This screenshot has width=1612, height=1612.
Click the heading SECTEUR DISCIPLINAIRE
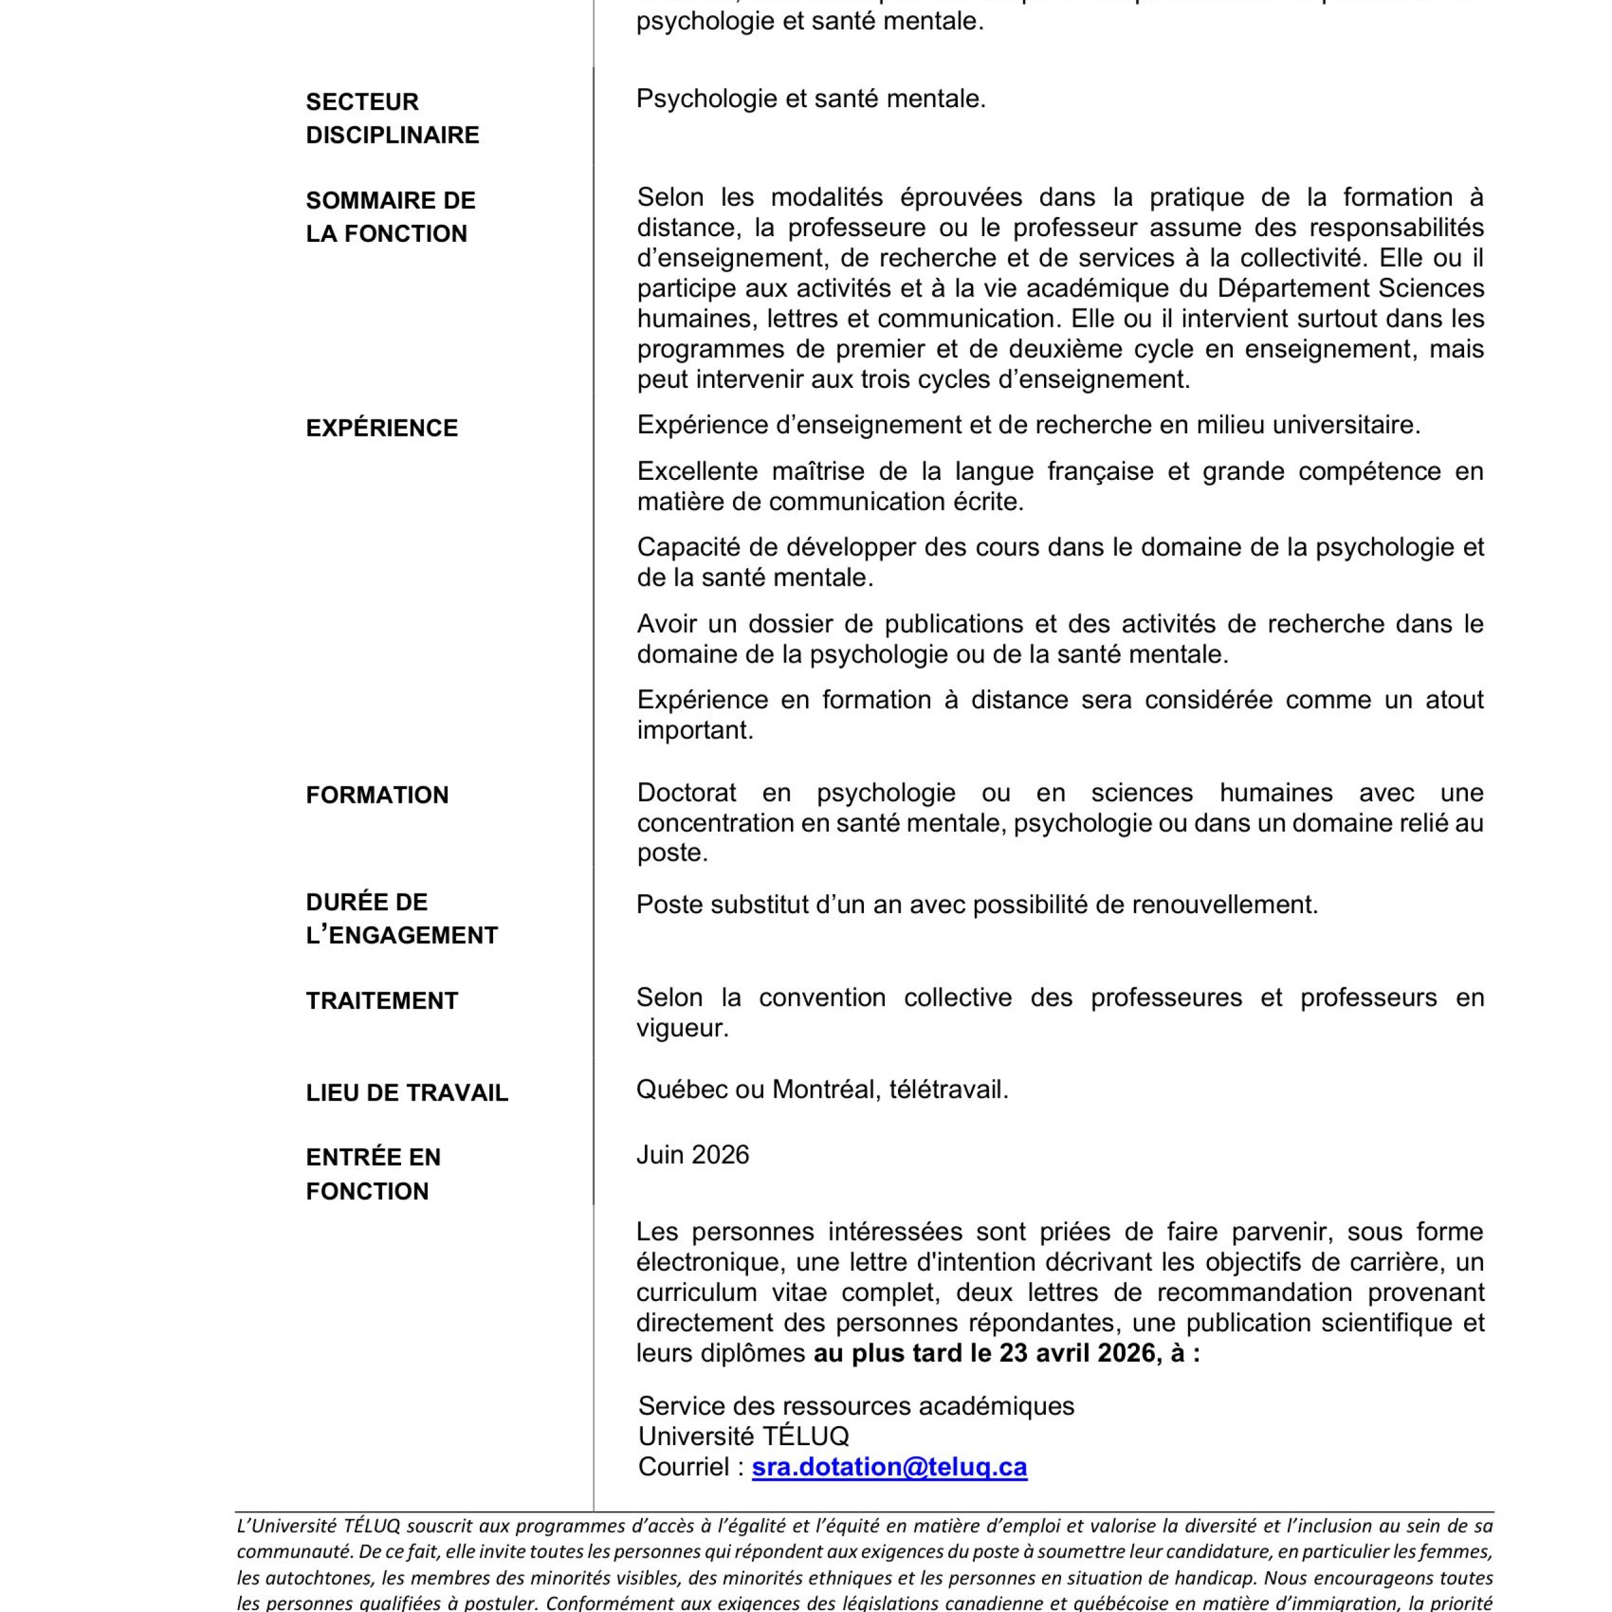click(392, 118)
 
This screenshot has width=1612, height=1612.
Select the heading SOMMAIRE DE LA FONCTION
click(390, 217)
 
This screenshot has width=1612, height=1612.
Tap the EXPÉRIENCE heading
click(382, 428)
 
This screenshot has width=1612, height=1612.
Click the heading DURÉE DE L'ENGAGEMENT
click(401, 919)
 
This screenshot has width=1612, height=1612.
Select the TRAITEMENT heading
click(382, 1001)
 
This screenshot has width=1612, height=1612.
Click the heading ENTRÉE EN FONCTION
click(373, 1174)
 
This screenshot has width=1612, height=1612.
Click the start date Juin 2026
click(693, 1155)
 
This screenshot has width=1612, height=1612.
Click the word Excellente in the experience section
click(698, 472)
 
